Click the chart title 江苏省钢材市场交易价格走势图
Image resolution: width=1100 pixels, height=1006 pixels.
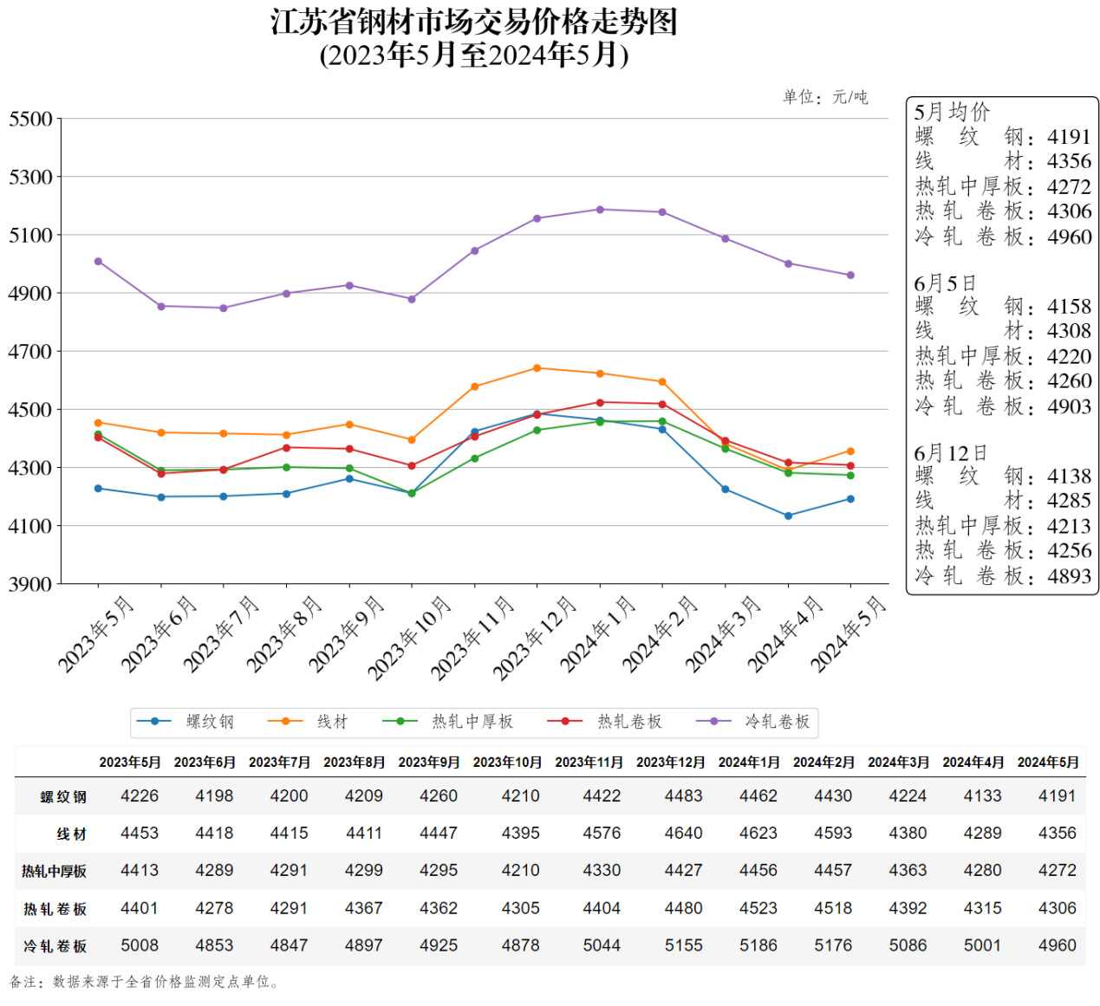473,23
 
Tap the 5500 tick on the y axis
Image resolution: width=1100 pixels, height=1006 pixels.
30,119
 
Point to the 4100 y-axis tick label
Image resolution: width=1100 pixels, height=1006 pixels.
30,526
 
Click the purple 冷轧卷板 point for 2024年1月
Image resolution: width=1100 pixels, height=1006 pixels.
600,210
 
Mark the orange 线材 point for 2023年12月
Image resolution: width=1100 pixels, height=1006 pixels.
537,368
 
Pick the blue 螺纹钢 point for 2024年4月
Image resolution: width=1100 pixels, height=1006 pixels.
788,516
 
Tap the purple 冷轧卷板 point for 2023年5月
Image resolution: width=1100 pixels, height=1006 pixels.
98,262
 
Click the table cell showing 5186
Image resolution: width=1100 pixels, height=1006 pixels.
758,945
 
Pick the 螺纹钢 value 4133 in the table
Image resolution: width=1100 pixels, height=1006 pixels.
982,795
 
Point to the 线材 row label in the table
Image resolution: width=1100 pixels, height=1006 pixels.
72,834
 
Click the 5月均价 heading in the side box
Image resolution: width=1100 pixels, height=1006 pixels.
952,112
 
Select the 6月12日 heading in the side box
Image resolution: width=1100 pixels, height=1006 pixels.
951,453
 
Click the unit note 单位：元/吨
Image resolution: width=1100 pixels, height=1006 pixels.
825,97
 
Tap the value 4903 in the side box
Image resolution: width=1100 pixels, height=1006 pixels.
1069,406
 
